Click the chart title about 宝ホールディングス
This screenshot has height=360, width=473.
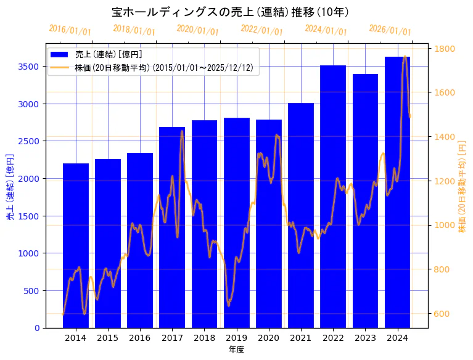click(x=231, y=12)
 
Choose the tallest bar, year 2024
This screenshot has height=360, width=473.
click(x=397, y=192)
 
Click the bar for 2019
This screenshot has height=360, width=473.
click(x=236, y=222)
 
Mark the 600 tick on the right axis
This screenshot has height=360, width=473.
click(x=442, y=313)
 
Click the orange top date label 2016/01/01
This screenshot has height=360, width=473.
click(x=70, y=30)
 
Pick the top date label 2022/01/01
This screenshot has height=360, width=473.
click(x=261, y=30)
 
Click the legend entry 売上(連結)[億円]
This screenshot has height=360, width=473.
click(x=108, y=55)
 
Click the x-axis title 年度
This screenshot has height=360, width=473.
click(x=236, y=350)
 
